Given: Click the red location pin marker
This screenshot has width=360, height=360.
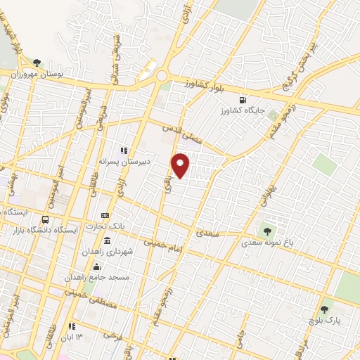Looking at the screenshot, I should [x=181, y=165].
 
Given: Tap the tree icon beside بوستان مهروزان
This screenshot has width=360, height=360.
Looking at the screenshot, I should [x=37, y=63].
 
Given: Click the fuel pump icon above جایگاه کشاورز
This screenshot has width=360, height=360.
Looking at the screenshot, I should [x=243, y=100].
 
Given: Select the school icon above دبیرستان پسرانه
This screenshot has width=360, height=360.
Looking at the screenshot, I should [x=124, y=150].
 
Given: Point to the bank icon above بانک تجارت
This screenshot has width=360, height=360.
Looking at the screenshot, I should [x=105, y=216].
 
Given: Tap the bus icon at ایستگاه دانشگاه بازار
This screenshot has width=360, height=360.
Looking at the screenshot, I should [x=46, y=219].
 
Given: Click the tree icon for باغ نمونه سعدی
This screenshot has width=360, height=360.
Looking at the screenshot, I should [x=267, y=230].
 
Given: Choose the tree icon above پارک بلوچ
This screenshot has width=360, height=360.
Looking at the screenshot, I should [x=324, y=309].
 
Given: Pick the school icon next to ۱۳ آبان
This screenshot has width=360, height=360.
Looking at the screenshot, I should [x=72, y=326].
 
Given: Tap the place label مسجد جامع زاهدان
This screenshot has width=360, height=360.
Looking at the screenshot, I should [x=98, y=278].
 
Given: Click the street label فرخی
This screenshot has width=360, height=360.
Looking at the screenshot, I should [x=112, y=335].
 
